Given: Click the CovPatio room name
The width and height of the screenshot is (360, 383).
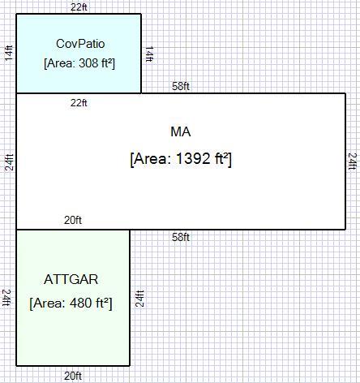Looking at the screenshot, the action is click(x=80, y=44).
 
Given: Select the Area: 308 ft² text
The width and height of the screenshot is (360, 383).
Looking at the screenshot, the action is click(x=79, y=63).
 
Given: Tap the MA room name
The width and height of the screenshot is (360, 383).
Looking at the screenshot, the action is click(x=181, y=132).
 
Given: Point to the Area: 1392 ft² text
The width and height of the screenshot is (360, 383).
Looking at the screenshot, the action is click(x=181, y=158).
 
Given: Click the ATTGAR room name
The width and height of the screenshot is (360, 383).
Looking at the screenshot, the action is click(x=71, y=279).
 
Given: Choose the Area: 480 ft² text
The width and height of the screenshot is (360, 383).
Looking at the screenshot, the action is click(x=71, y=303).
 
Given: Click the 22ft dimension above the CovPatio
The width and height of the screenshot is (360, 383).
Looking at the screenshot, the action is click(x=79, y=7).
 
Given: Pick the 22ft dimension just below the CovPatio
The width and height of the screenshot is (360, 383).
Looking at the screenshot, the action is click(x=79, y=103).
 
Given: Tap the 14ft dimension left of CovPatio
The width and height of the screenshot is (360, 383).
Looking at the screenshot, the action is click(x=9, y=53).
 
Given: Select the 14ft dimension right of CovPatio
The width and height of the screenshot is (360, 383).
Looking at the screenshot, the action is click(x=149, y=54).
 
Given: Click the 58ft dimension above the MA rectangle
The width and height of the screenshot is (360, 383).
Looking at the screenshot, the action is click(x=181, y=86).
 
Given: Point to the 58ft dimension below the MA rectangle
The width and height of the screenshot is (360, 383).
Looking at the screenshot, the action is click(x=181, y=237).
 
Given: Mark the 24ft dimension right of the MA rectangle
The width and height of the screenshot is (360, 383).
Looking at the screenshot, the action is click(x=353, y=161).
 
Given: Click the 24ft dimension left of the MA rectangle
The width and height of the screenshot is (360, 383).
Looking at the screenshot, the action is click(x=9, y=162).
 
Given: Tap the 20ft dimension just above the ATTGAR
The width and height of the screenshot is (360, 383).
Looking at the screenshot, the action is click(x=73, y=220).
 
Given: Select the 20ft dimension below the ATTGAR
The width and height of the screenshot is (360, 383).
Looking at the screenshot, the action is click(x=73, y=376).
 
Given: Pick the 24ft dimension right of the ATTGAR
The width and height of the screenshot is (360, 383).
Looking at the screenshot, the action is click(x=139, y=299).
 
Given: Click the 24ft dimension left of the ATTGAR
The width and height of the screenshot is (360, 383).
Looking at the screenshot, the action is click(x=6, y=298).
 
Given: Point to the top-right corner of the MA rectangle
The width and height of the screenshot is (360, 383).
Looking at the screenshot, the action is click(x=345, y=93).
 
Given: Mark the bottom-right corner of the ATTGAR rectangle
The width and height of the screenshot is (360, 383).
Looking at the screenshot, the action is click(x=130, y=366).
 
